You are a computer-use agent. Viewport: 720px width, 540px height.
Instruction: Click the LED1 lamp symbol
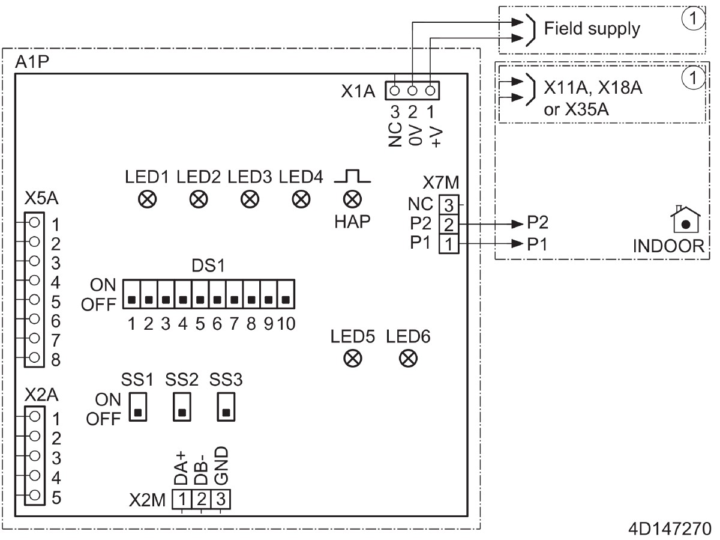pyautogui.click(x=145, y=199)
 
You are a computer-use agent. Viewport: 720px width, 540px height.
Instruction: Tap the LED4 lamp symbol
pyautogui.click(x=297, y=199)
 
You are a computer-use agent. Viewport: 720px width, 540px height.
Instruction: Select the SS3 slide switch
pyautogui.click(x=226, y=407)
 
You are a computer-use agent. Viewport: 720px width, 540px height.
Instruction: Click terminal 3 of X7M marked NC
pyautogui.click(x=449, y=204)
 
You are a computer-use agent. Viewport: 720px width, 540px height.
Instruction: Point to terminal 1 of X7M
pyautogui.click(x=449, y=244)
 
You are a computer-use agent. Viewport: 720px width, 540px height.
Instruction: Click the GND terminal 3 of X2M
pyautogui.click(x=221, y=498)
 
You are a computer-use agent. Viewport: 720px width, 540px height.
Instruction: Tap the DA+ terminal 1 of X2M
pyautogui.click(x=182, y=498)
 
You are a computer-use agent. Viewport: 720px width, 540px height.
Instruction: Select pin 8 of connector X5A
pyautogui.click(x=34, y=358)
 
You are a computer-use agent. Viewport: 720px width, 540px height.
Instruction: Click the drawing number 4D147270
pyautogui.click(x=670, y=530)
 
